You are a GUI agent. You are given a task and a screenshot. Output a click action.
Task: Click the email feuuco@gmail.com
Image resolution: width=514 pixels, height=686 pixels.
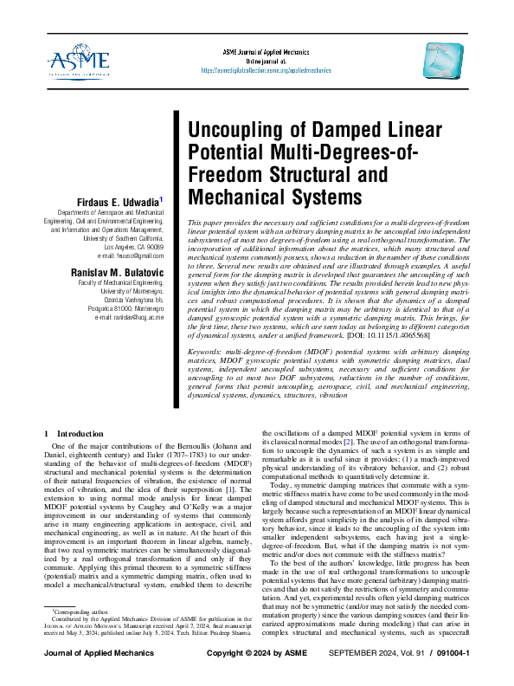(131, 256)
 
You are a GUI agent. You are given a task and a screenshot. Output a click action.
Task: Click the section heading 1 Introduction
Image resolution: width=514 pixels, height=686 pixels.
(72, 432)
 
